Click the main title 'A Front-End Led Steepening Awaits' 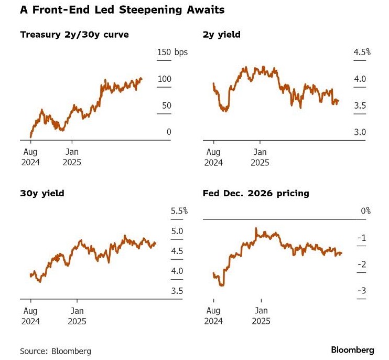(x=122, y=10)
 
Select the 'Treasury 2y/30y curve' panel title (x=74, y=35)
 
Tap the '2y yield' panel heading (x=222, y=35)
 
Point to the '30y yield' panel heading (x=42, y=193)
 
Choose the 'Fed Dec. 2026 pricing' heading (x=256, y=193)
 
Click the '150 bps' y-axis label (x=172, y=52)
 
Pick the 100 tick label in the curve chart (x=165, y=79)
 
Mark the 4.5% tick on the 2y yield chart (x=362, y=52)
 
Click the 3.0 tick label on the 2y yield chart (x=360, y=132)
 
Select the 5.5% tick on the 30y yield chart (x=179, y=211)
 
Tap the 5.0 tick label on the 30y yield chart (x=177, y=231)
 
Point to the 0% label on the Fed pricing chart (x=366, y=211)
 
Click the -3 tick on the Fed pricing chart (x=362, y=291)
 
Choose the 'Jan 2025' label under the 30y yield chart (x=77, y=316)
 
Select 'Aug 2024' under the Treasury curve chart (x=30, y=157)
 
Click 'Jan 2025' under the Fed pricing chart (x=261, y=316)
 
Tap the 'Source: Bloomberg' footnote (x=56, y=351)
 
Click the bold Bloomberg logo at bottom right (x=352, y=350)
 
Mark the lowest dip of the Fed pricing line (x=222, y=285)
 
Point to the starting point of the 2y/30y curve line (x=31, y=137)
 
